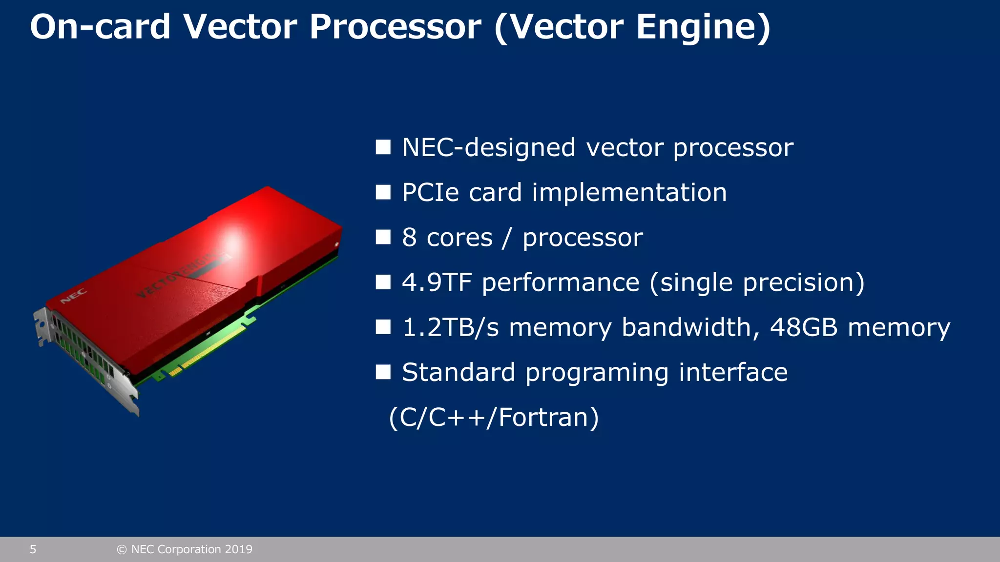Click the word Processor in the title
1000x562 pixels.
click(395, 27)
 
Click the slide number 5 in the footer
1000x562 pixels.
click(33, 549)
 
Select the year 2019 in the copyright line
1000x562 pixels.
click(238, 549)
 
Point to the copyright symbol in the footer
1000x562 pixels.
click(122, 550)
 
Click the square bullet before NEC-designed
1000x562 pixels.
click(383, 147)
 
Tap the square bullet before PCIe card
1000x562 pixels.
click(383, 192)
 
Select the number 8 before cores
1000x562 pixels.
click(409, 238)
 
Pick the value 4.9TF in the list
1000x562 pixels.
click(437, 282)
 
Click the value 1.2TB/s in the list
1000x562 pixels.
click(450, 327)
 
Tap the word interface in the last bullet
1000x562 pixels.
click(733, 372)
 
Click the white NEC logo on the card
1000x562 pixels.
click(74, 296)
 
